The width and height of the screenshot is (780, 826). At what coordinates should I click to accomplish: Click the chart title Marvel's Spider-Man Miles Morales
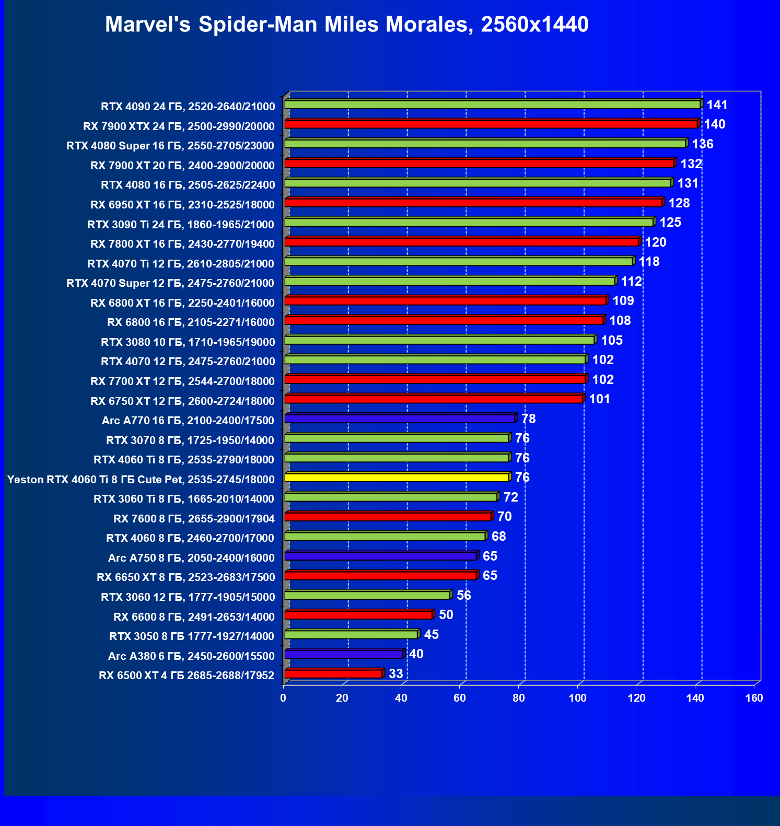(346, 25)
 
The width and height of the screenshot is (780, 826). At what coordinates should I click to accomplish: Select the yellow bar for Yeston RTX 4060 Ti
(397, 478)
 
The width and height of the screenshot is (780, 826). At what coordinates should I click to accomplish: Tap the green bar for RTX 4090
(493, 105)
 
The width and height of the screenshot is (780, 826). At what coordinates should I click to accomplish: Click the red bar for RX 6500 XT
(334, 674)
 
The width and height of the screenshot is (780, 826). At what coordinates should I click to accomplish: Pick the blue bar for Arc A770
(400, 419)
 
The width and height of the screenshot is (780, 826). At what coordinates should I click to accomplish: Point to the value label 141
(717, 105)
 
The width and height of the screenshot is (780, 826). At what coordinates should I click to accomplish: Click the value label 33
(396, 674)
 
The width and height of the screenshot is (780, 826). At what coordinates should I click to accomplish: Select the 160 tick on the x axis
(754, 698)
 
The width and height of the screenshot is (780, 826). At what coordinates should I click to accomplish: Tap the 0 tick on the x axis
(283, 698)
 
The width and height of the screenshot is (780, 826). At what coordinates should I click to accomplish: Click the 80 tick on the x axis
(518, 698)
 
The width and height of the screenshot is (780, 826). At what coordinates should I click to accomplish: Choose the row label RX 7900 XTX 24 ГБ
(179, 126)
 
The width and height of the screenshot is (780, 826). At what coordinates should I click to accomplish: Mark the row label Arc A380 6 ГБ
(191, 656)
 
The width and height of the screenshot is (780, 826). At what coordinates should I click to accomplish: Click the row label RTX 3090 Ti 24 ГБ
(181, 225)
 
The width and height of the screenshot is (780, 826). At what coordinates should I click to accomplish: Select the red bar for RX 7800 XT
(462, 242)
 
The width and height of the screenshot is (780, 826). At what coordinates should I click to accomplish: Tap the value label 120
(656, 242)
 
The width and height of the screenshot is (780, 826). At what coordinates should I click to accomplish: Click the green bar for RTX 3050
(351, 635)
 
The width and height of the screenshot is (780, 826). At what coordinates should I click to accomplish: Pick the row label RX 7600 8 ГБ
(194, 519)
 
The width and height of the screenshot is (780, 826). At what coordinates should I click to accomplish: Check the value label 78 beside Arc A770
(529, 419)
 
